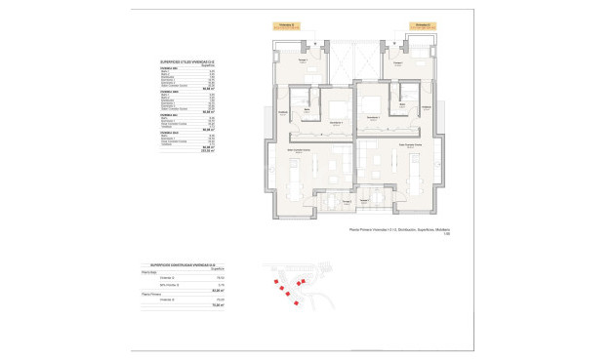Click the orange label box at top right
(422, 25)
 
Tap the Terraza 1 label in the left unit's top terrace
(303, 61)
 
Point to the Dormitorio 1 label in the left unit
(336, 122)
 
